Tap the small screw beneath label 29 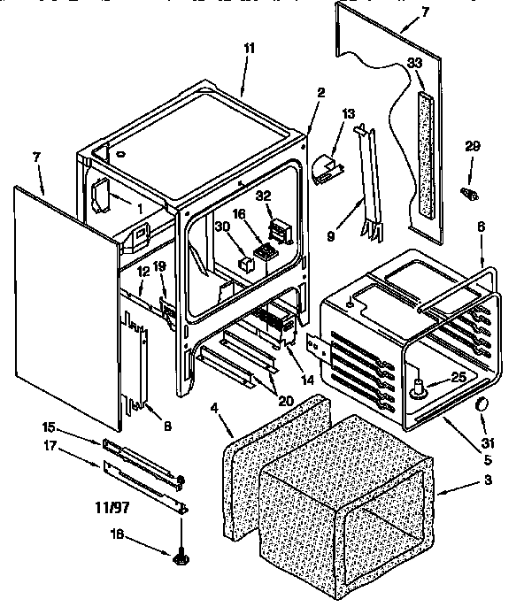coord(471,192)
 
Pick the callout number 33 coord(415,63)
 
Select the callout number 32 coord(263,196)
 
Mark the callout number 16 coord(239,215)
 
